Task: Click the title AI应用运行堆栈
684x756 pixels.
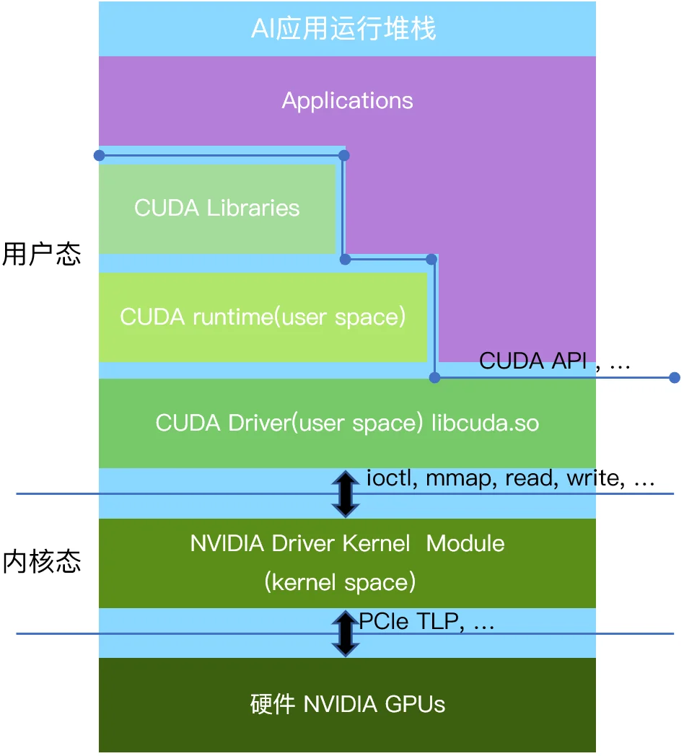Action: point(343,30)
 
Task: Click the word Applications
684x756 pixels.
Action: point(347,100)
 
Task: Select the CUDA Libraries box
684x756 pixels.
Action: point(217,208)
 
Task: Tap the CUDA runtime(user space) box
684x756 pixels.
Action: point(263,317)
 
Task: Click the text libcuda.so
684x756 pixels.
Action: point(485,423)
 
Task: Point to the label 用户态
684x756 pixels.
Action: point(42,255)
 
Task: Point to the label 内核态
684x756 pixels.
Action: point(42,562)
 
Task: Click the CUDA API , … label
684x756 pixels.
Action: point(554,361)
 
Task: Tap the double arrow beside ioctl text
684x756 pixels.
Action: point(346,494)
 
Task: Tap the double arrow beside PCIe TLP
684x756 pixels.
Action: point(346,633)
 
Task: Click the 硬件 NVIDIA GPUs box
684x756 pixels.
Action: point(347,704)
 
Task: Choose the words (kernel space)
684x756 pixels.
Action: point(340,582)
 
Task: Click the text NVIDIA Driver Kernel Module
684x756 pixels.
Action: point(347,543)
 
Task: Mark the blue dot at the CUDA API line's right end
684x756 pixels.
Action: point(675,377)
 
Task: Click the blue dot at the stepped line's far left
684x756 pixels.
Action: point(99,155)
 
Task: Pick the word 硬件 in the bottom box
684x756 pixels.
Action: point(273,704)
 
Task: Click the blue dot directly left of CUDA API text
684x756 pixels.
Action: point(434,377)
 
